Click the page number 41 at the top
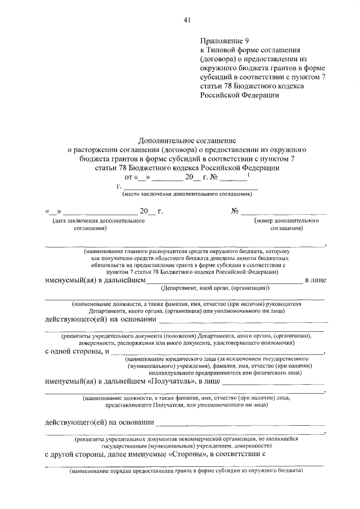pos(187,20)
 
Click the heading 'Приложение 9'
pos(223,40)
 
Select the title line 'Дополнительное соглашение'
pos(188,141)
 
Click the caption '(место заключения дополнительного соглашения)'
pos(186,194)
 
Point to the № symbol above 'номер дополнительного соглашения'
pos(235,211)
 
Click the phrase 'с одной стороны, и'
pos(76,352)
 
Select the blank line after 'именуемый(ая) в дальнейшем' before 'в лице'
pos(224,280)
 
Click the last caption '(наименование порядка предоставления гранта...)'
pos(186,471)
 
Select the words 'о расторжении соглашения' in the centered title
pos(113,150)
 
